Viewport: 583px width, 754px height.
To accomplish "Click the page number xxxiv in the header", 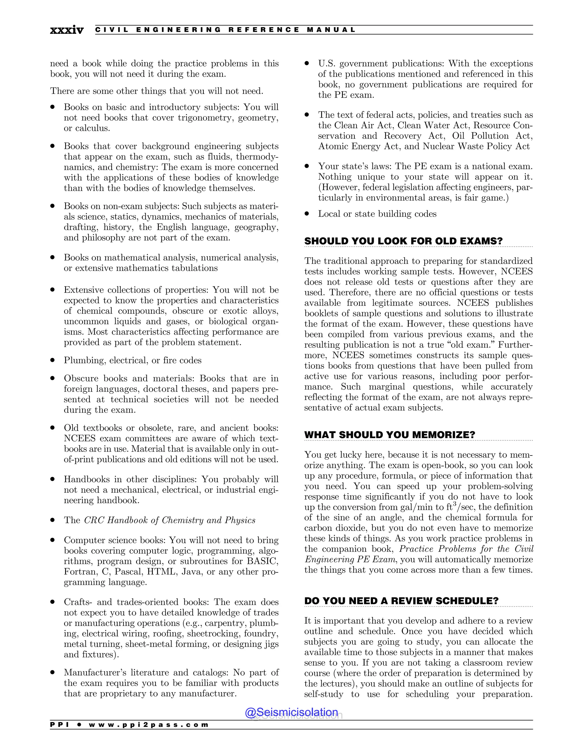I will [67, 30].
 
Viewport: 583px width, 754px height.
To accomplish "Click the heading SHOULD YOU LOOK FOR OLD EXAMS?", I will [403, 241].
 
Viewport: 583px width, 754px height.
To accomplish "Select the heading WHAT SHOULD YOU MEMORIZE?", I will [390, 435].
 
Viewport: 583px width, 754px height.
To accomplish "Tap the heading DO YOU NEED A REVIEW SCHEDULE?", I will [401, 601].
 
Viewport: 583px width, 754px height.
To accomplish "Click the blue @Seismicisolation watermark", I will [291, 712].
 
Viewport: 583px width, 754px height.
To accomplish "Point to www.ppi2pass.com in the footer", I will [149, 725].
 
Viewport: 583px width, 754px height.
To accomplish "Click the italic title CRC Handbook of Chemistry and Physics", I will [170, 520].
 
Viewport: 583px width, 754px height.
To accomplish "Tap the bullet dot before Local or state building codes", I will [307, 213].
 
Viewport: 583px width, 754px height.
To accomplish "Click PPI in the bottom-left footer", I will [60, 725].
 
